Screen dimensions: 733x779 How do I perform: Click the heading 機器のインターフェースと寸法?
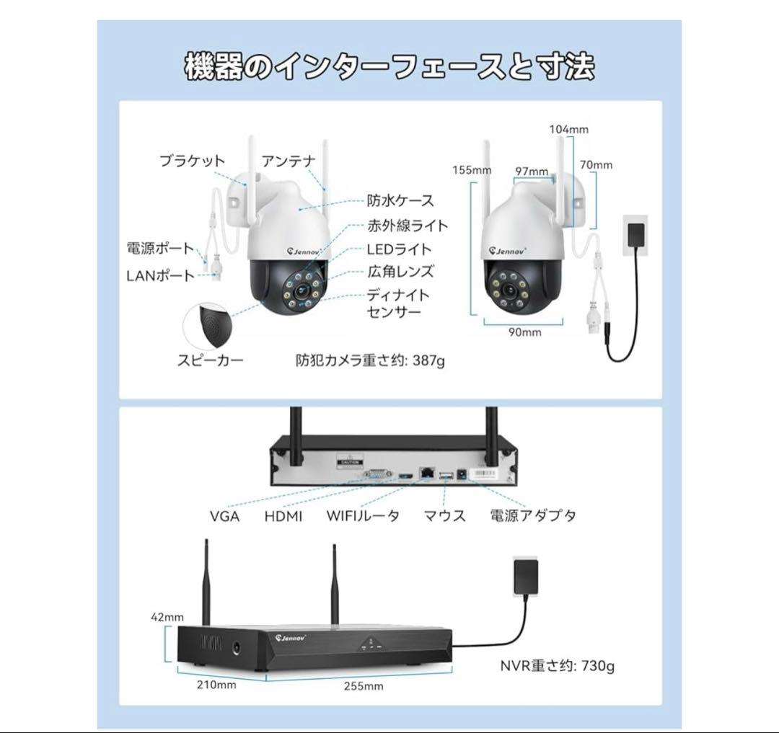coord(389,67)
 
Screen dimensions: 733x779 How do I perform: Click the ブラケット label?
coord(192,161)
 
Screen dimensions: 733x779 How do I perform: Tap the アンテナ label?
coord(289,161)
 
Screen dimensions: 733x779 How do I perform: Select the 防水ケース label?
coord(400,200)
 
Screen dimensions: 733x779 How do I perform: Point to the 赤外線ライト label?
coord(408,225)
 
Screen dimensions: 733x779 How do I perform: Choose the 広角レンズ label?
coord(400,272)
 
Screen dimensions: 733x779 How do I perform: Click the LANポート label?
coord(160,275)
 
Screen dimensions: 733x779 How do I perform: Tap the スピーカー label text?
coord(211,360)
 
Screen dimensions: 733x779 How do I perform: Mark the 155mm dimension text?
coord(472,170)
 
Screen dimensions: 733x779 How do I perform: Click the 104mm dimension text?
coord(568,129)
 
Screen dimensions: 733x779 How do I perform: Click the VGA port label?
coord(224,516)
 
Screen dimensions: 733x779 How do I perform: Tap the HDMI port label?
coord(283,516)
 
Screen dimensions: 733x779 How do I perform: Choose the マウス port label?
coord(444,516)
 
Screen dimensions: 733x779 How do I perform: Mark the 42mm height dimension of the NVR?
coord(167,617)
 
